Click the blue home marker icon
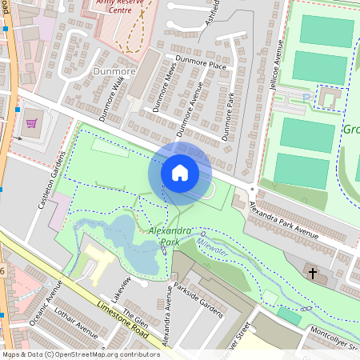(x=180, y=172)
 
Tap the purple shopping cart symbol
(x=32, y=123)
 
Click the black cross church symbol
(x=313, y=274)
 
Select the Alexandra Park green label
(x=170, y=236)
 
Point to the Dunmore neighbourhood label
(x=114, y=70)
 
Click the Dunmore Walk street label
(x=113, y=98)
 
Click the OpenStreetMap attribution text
(x=80, y=354)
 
